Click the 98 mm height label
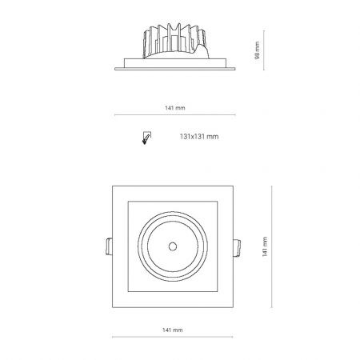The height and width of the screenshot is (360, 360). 257,50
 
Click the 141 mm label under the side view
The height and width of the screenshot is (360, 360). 175,108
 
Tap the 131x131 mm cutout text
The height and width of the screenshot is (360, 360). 199,137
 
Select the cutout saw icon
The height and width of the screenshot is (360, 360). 146,138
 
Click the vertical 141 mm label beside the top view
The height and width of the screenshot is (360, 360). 265,246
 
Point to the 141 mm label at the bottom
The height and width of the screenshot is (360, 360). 173,330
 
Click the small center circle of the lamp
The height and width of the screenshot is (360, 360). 173,246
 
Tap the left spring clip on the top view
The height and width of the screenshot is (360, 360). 109,246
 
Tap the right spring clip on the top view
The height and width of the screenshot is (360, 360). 237,248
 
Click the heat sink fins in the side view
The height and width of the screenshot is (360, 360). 174,40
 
